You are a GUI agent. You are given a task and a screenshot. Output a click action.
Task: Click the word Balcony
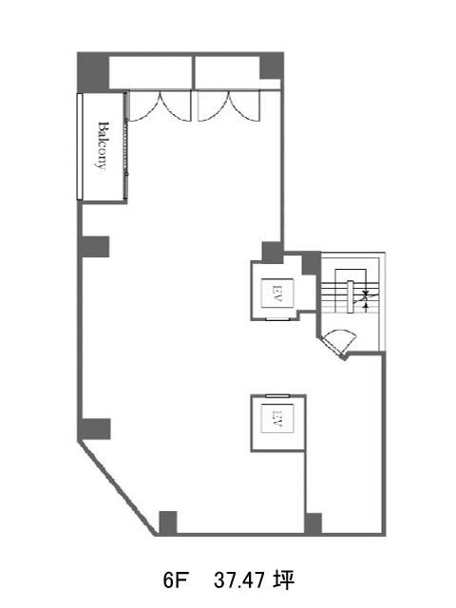coord(102,145)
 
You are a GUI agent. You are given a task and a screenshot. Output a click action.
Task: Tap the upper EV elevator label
coord(277,294)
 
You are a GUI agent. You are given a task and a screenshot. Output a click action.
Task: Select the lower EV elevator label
coord(277,418)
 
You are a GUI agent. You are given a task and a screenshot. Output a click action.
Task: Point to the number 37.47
coord(238,580)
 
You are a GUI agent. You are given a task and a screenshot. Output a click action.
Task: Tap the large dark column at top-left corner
coord(93,72)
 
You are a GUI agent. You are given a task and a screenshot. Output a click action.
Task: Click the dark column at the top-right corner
coord(272,66)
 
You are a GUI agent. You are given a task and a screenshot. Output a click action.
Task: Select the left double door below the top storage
coord(160,105)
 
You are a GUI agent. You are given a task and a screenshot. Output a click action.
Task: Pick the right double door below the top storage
coord(229,105)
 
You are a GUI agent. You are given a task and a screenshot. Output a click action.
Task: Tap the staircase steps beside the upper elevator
coord(350,295)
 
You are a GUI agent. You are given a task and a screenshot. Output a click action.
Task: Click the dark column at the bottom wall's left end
coord(168,522)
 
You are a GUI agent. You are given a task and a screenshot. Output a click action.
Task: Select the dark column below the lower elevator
coord(313,523)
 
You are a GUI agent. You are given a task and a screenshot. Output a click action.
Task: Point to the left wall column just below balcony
coord(95,247)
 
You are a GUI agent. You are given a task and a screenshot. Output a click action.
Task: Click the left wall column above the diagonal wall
coord(96,428)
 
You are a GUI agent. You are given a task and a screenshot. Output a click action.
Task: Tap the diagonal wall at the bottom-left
coord(118,487)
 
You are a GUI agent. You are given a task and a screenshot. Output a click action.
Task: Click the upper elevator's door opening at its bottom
coord(277,319)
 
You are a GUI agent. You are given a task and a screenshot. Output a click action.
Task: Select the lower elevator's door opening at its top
coord(277,396)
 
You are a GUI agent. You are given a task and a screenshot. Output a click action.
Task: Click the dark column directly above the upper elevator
coord(273,252)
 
